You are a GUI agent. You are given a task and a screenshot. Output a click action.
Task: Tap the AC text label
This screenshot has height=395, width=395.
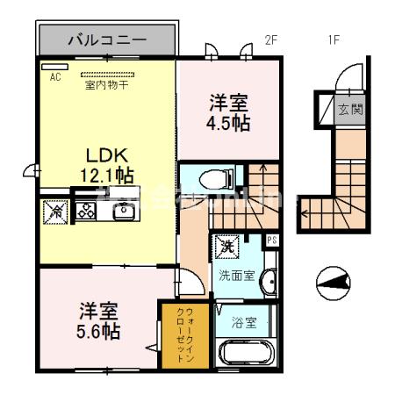pos(54,77)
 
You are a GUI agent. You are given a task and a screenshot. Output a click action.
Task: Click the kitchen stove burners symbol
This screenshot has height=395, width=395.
pos(86,210)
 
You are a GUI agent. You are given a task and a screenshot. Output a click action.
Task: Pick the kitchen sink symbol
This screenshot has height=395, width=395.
pos(115,211)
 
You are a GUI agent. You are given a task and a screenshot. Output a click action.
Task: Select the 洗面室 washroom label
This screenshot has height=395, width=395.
pos(236,275)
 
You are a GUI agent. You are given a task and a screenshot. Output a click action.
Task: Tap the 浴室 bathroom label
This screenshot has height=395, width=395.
pos(245,322)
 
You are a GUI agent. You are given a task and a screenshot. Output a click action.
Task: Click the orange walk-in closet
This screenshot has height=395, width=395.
pos(183,335)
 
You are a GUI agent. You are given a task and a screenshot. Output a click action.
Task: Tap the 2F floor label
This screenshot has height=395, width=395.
pos(271,39)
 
